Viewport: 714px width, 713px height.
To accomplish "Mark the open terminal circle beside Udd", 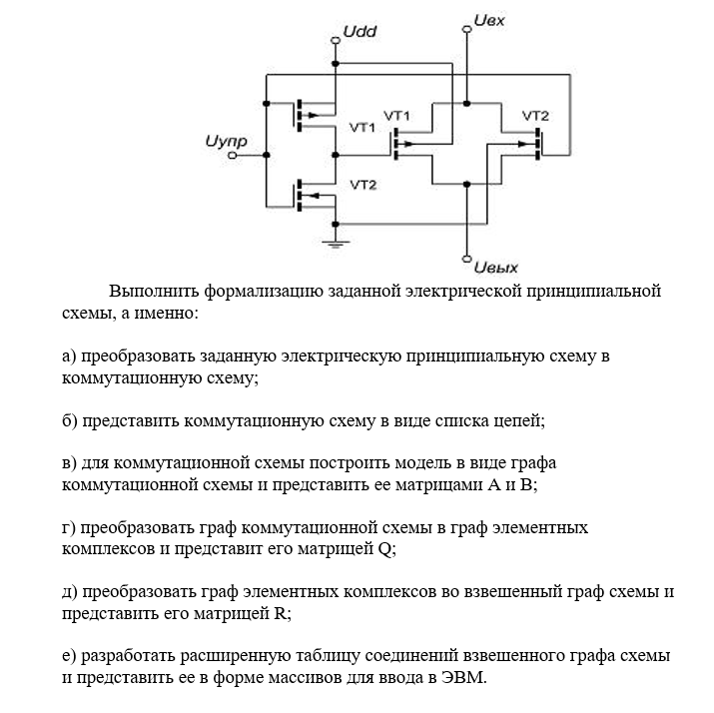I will click(x=336, y=40).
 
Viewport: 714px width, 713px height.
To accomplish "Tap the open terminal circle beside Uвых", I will click(x=466, y=259).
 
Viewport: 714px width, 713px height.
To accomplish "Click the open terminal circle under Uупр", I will click(x=233, y=156).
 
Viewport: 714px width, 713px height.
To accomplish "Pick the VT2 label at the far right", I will click(x=535, y=116).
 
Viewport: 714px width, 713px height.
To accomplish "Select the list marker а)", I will click(x=69, y=356).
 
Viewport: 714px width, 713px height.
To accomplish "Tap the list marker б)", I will click(x=69, y=420).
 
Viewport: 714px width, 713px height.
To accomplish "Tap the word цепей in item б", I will click(x=518, y=420).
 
